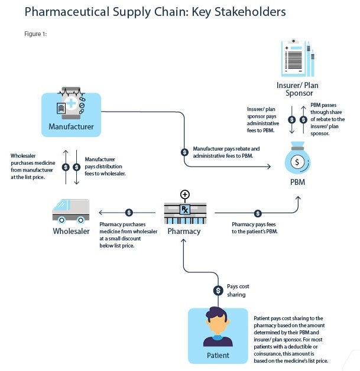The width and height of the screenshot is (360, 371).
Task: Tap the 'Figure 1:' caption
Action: (35, 34)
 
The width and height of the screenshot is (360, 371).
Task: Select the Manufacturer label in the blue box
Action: (71, 126)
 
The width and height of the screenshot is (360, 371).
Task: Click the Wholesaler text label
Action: (71, 231)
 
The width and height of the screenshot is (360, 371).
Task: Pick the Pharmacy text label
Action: (184, 231)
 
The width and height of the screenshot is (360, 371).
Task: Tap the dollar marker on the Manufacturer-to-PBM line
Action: (184, 152)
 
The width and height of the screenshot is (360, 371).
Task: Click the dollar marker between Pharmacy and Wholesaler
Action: (129, 213)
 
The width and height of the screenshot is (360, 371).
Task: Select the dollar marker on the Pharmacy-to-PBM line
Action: (258, 213)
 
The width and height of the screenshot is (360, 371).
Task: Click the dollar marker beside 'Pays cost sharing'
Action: (218, 290)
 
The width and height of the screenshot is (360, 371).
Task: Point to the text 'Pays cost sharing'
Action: (238, 290)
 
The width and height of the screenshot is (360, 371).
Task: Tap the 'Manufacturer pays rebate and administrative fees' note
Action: (226, 152)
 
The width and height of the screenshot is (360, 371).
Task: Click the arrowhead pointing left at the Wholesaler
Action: (100, 213)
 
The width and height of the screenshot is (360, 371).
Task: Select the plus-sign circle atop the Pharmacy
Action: (185, 194)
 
